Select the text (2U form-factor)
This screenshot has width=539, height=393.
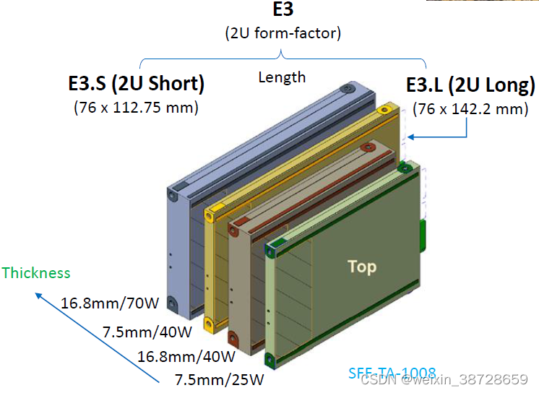pyautogui.click(x=283, y=33)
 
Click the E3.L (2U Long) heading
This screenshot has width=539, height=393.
pyautogui.click(x=470, y=85)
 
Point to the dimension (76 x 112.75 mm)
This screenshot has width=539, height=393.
pyautogui.click(x=136, y=108)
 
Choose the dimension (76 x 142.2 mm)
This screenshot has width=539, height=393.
pyautogui.click(x=470, y=109)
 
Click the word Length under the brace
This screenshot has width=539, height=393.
pyautogui.click(x=282, y=77)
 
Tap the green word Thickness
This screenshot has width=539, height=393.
pyautogui.click(x=36, y=273)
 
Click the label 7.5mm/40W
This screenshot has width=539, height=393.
pyautogui.click(x=147, y=332)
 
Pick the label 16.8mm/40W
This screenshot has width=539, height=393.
pyautogui.click(x=186, y=356)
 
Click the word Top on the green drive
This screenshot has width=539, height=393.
pyautogui.click(x=362, y=267)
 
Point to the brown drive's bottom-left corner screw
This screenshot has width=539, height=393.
pyautogui.click(x=234, y=337)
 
